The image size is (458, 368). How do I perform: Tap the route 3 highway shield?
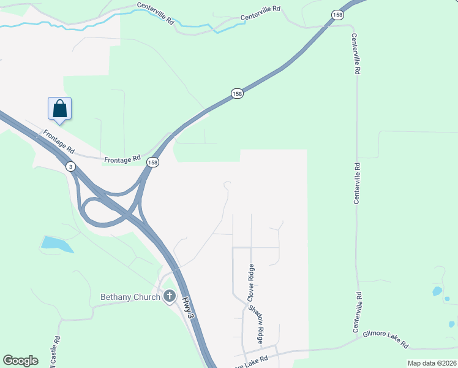[72, 166]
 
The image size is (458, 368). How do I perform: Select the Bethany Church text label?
[130, 297]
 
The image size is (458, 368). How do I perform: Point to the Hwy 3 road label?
[188, 307]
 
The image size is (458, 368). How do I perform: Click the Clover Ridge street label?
[250, 283]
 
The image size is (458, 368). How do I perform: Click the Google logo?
[20, 361]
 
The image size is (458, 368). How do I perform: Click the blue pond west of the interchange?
[56, 243]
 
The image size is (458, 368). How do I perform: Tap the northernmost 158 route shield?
[337, 14]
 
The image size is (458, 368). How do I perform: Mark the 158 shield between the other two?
[237, 93]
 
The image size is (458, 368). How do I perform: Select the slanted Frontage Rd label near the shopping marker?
[59, 142]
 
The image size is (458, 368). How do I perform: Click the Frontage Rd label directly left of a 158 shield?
[122, 158]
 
